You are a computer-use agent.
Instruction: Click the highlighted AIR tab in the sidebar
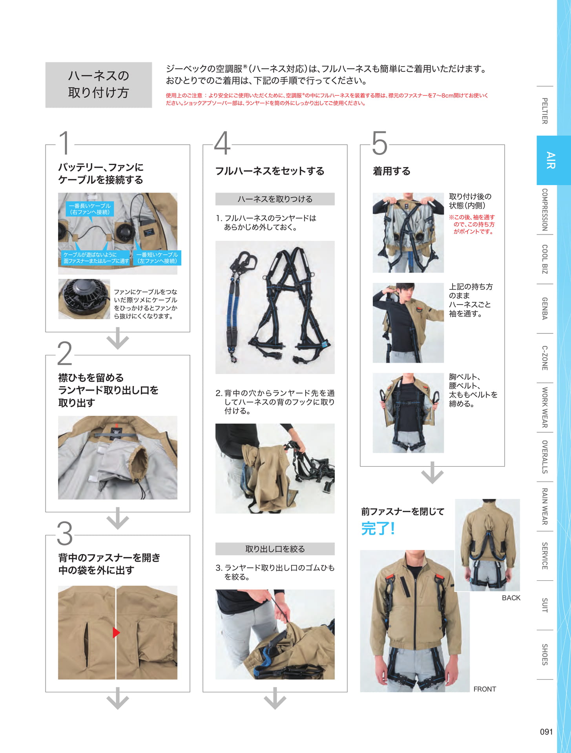(x=553, y=160)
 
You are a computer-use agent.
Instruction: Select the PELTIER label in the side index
(x=545, y=111)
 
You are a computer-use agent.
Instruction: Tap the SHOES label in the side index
(x=545, y=654)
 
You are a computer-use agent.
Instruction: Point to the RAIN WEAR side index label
(x=545, y=506)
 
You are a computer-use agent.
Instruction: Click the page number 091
(x=546, y=731)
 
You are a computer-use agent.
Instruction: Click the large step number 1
(x=65, y=143)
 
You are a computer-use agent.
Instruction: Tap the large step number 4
(x=222, y=143)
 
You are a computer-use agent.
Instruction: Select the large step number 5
(x=379, y=143)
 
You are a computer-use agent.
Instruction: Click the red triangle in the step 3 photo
(x=116, y=632)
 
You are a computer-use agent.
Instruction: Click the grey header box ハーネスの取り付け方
(x=99, y=85)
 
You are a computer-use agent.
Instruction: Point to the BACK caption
(x=511, y=598)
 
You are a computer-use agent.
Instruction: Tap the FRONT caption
(x=485, y=689)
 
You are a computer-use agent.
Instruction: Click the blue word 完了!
(x=378, y=528)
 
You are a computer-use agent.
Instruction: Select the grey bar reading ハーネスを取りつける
(x=275, y=199)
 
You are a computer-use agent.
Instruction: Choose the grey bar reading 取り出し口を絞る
(x=275, y=549)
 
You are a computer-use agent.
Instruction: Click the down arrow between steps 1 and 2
(x=118, y=338)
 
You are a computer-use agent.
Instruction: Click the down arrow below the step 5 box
(x=432, y=473)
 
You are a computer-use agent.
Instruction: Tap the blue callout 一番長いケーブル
(x=90, y=209)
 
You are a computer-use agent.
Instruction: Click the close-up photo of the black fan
(x=84, y=299)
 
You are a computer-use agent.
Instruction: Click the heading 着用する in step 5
(x=391, y=171)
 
